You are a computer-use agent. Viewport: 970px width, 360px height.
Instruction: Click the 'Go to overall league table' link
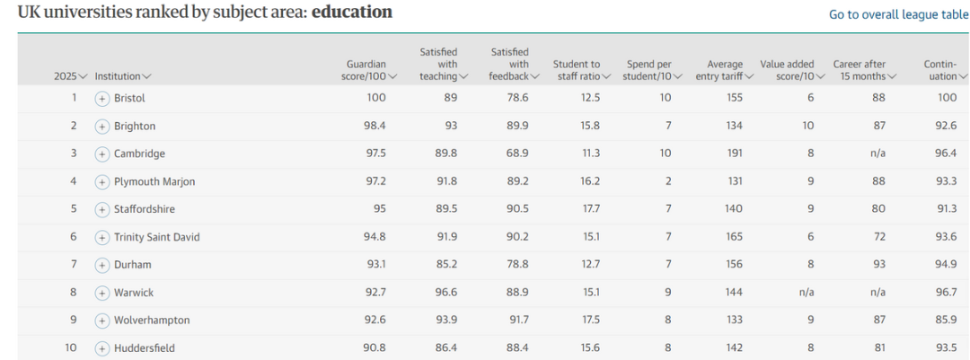[898, 14]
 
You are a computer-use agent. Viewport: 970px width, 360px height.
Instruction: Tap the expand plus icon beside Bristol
[102, 98]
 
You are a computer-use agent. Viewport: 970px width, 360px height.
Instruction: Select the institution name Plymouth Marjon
[154, 181]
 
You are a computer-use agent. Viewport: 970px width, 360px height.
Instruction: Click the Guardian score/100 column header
[366, 70]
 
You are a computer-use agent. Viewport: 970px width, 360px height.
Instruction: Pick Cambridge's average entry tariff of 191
[734, 154]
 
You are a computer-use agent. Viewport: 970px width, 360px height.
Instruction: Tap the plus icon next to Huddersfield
[102, 348]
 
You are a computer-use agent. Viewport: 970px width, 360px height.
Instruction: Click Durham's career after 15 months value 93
[878, 265]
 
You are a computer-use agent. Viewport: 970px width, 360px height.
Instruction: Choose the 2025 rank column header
[70, 76]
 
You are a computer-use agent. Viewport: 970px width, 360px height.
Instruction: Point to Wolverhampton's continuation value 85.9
[947, 320]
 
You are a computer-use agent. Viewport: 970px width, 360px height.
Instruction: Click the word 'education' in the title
[352, 13]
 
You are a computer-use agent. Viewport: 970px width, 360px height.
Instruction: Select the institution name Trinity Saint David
[157, 237]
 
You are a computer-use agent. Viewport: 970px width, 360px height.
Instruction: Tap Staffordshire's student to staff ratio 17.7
[590, 209]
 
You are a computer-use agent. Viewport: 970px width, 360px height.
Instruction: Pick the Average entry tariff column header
[724, 70]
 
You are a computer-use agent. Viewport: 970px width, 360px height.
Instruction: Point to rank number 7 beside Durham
[74, 265]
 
